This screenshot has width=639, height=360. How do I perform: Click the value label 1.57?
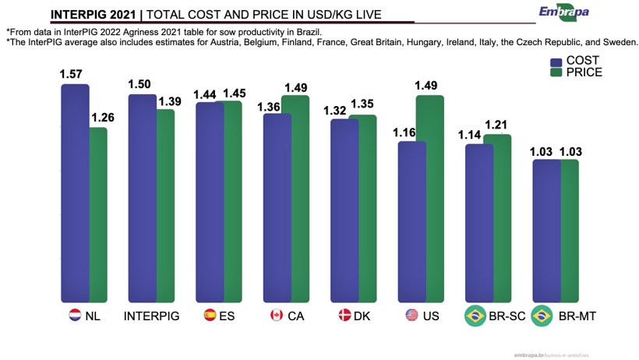pos(71,74)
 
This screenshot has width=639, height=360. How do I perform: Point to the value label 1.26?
pos(103,118)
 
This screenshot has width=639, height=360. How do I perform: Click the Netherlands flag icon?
pos(75,316)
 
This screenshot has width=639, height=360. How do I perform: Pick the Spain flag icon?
pos(210,316)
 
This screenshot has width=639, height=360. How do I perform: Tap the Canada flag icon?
pos(276,316)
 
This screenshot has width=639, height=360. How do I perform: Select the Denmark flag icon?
pos(344,316)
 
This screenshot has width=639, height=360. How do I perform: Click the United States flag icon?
pos(412,316)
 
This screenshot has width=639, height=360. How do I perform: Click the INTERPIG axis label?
pos(152,316)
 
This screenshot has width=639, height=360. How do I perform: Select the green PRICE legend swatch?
pos(556,72)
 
